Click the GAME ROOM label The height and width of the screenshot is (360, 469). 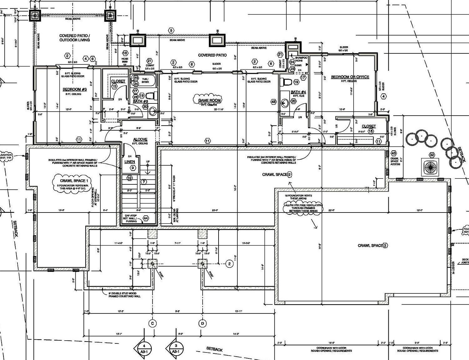[209, 100]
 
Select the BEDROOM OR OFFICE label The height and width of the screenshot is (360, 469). [350, 77]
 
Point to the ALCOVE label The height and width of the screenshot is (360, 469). [140, 139]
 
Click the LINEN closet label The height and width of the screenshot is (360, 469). [130, 162]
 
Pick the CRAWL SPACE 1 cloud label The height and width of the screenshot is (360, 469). [72, 181]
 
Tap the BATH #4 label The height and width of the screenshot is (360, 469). [298, 92]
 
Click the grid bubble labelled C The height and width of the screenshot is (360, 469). [153, 323]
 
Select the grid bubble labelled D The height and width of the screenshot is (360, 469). [203, 323]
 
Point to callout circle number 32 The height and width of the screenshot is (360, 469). [432, 155]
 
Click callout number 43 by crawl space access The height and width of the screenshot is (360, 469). [394, 153]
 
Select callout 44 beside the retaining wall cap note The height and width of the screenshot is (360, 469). [145, 218]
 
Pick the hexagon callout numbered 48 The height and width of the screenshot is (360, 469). [274, 102]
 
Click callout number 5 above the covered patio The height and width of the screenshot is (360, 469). [171, 30]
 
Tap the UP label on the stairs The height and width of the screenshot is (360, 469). [148, 162]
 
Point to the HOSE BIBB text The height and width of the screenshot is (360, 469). [125, 60]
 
